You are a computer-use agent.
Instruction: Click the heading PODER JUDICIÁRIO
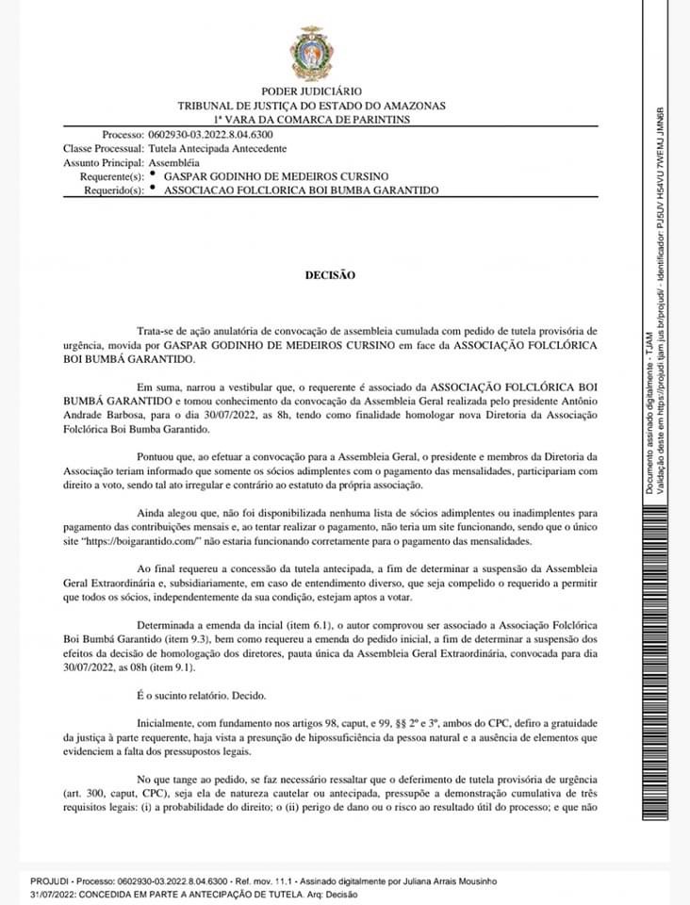[x=311, y=92]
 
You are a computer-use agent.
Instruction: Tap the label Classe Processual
[x=103, y=149]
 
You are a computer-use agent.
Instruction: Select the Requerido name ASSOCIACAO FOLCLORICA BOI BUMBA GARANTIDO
[x=302, y=189]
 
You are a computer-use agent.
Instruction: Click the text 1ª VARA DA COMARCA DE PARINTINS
[x=311, y=120]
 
